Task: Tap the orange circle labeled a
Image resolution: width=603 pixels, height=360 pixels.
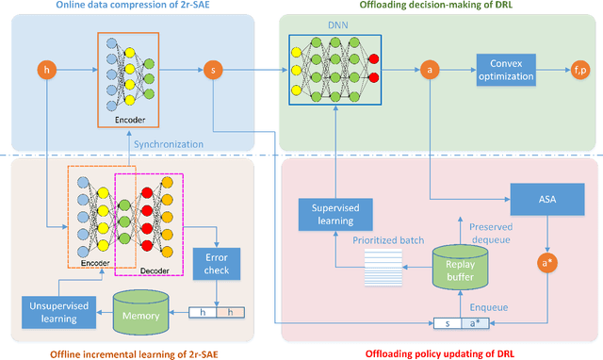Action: pyautogui.click(x=430, y=69)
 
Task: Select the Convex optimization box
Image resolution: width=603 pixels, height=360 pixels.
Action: pyautogui.click(x=506, y=69)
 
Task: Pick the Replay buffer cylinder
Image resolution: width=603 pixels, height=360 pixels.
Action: pyautogui.click(x=462, y=267)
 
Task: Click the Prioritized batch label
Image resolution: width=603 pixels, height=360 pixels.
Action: pyautogui.click(x=375, y=238)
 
